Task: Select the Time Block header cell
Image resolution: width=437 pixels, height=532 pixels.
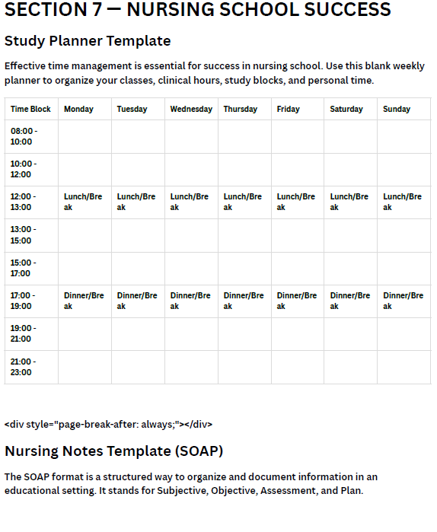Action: (x=30, y=109)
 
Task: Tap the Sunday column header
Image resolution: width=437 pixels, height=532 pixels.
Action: (x=397, y=109)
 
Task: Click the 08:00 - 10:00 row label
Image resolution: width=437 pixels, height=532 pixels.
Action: (x=24, y=136)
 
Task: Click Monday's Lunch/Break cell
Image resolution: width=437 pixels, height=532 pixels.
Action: (x=83, y=202)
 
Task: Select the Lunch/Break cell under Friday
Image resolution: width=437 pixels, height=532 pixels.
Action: (x=295, y=202)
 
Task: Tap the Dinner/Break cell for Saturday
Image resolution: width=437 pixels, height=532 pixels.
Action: (x=349, y=301)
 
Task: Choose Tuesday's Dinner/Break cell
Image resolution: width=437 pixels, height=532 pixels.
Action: (x=137, y=301)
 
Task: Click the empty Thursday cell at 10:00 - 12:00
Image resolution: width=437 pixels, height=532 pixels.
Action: (x=244, y=169)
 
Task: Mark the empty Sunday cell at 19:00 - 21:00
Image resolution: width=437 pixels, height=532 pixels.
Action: (x=404, y=333)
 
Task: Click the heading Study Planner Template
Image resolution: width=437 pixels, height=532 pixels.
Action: (x=88, y=40)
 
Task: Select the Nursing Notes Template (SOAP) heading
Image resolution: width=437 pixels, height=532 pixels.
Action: (x=114, y=451)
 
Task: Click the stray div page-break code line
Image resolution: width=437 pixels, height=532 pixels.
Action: (x=108, y=424)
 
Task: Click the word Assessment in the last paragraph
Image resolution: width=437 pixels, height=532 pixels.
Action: (x=289, y=490)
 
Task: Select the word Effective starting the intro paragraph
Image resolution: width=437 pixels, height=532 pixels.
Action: (x=27, y=65)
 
